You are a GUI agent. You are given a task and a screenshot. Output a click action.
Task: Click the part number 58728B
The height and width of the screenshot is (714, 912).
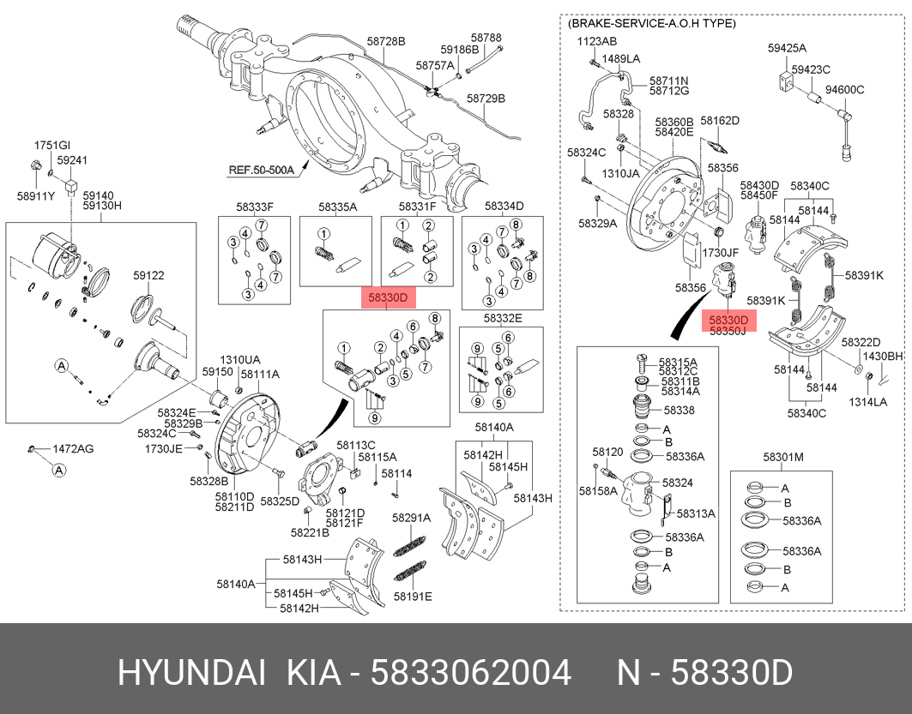(386, 41)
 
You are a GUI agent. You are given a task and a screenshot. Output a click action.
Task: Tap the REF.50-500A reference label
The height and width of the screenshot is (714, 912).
(261, 170)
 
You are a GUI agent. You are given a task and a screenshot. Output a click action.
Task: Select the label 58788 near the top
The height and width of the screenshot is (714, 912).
(486, 38)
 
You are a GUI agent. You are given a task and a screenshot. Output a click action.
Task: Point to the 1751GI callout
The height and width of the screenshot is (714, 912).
(51, 146)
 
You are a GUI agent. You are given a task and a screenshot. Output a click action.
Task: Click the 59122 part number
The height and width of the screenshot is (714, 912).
(148, 276)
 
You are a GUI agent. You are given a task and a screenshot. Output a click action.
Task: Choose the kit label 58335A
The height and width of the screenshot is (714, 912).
(337, 207)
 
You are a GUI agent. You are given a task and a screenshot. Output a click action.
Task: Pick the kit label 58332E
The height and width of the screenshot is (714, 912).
(503, 318)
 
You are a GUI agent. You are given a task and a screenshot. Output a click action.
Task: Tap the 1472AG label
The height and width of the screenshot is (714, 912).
(74, 448)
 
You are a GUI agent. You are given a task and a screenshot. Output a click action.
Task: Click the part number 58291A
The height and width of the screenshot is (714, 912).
(411, 518)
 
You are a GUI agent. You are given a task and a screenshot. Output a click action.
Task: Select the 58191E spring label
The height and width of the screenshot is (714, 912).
(413, 596)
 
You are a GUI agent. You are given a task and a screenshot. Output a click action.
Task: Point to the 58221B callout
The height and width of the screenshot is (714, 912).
(309, 532)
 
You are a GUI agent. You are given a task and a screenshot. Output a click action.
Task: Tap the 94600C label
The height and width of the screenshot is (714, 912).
(844, 89)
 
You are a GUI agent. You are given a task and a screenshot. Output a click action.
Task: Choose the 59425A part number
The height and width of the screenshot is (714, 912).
(787, 49)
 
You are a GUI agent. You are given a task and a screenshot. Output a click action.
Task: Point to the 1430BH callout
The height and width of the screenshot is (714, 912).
(883, 356)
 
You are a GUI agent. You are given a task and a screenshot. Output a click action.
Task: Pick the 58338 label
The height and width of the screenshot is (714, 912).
(679, 411)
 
